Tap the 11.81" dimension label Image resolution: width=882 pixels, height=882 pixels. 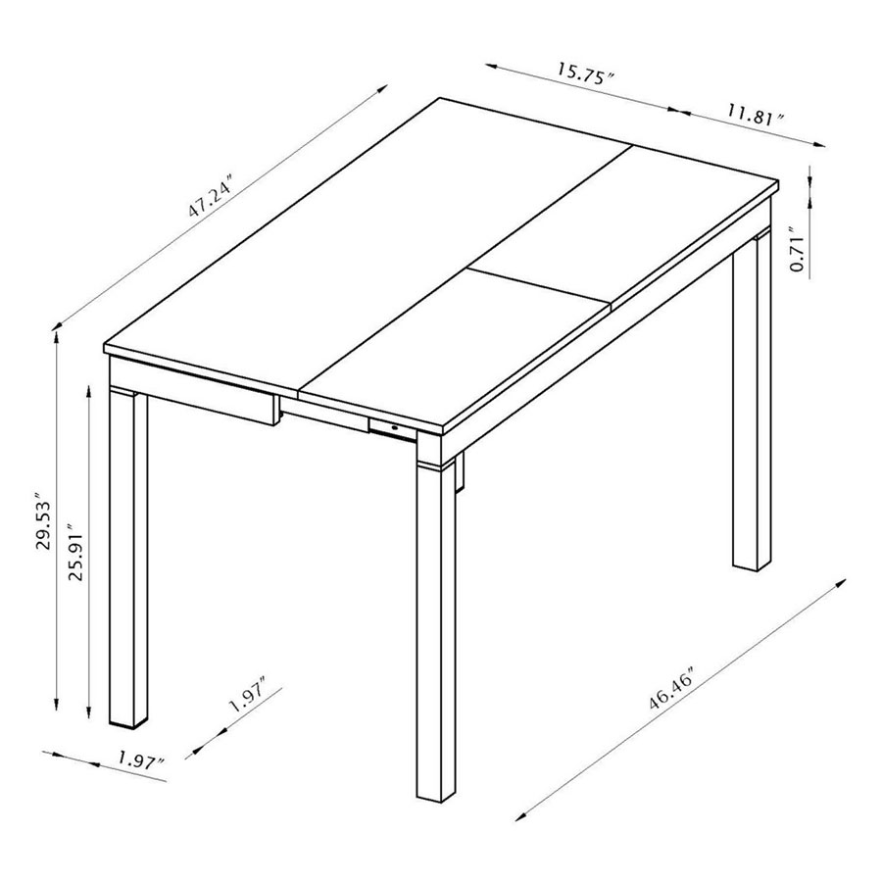pos(756,115)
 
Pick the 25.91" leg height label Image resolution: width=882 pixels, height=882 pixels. pos(75,556)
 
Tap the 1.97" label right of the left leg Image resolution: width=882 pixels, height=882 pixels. pos(247,699)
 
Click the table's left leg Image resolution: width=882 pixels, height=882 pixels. pos(127,559)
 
